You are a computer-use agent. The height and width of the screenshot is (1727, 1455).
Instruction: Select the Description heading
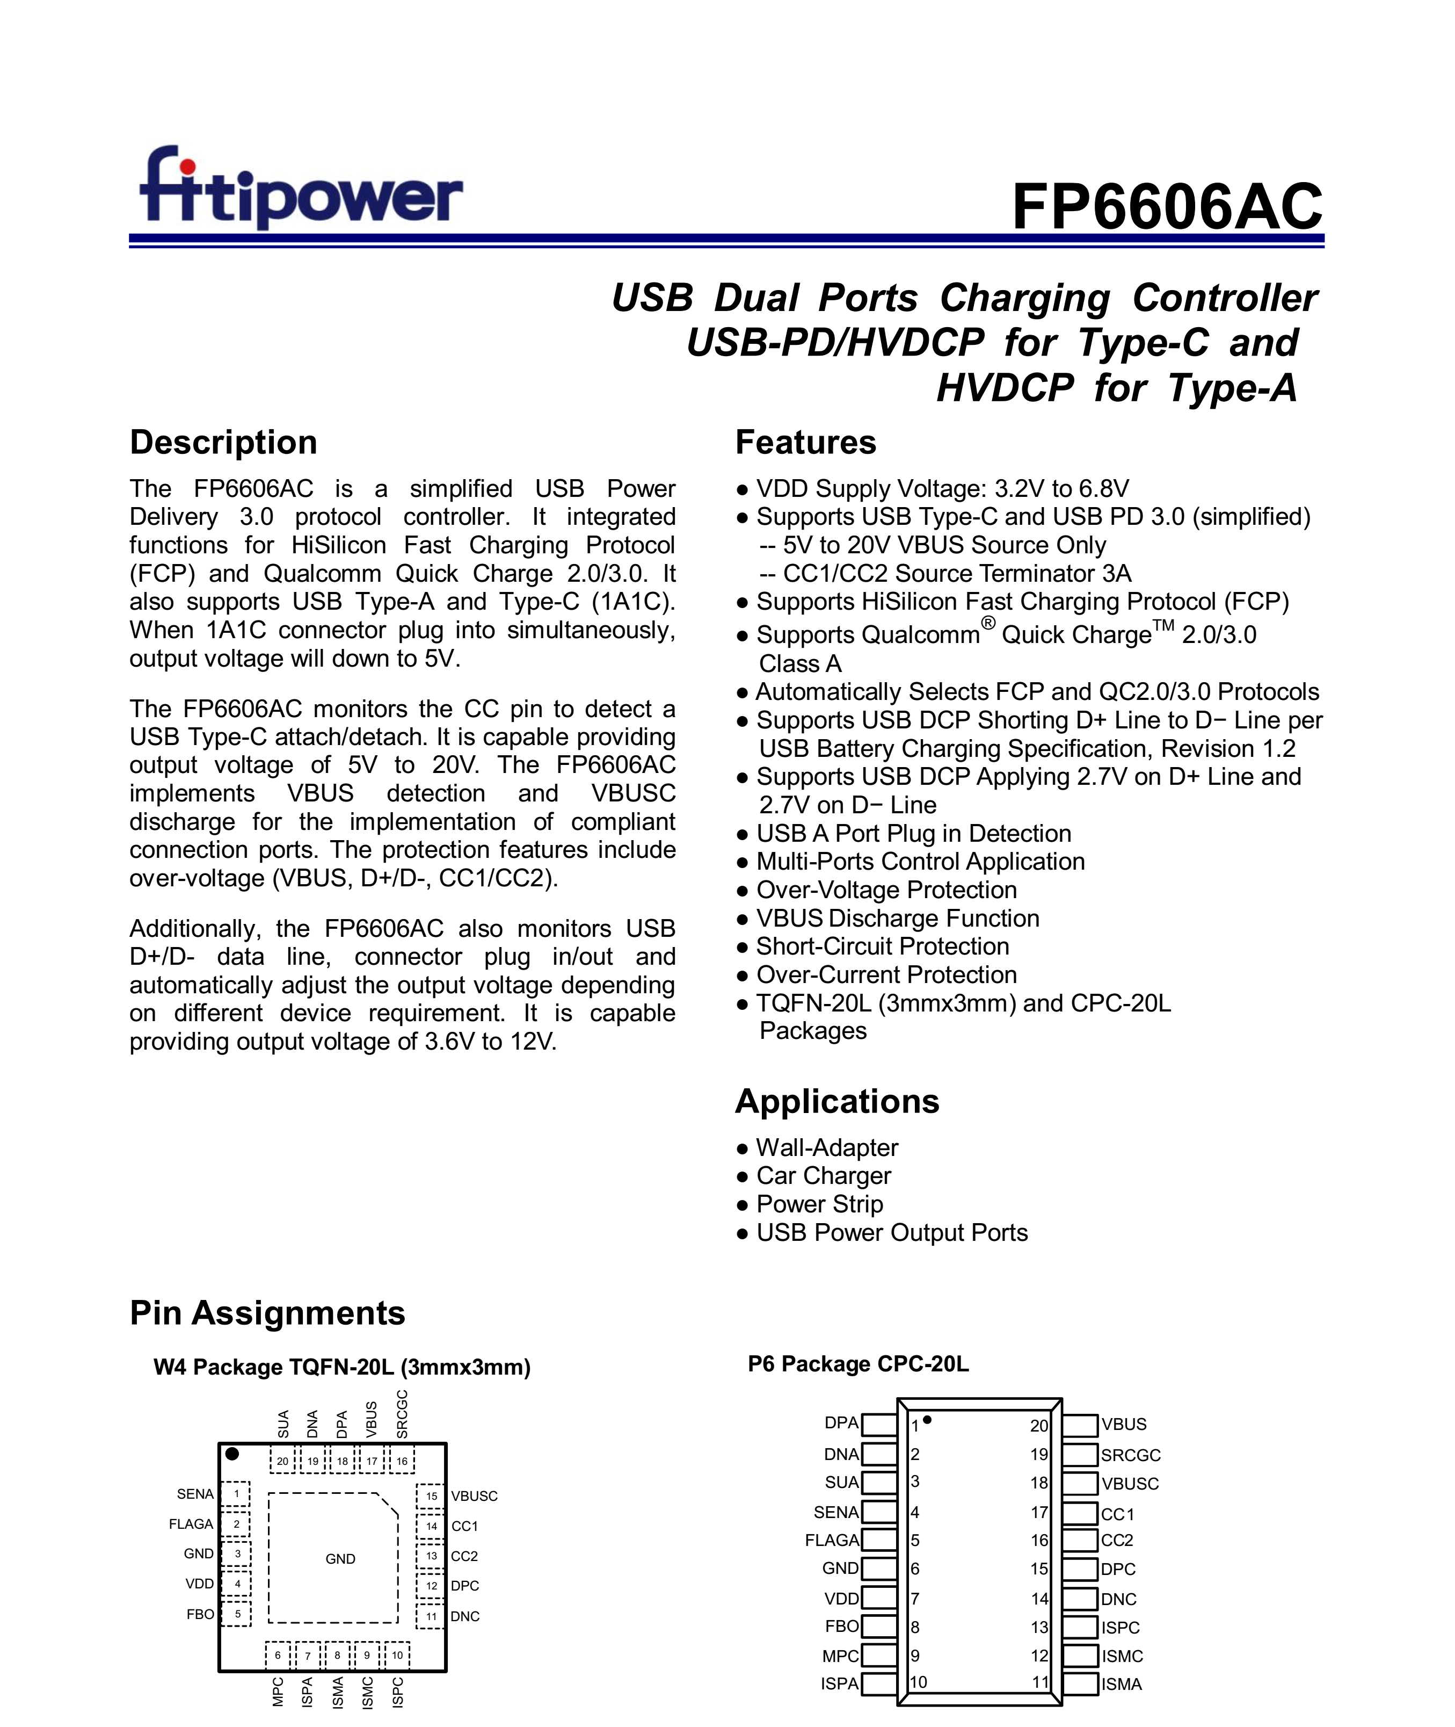[x=223, y=442]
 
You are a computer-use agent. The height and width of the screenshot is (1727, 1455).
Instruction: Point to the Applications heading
[x=836, y=1102]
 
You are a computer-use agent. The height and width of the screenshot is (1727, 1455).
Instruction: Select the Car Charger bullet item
[x=823, y=1176]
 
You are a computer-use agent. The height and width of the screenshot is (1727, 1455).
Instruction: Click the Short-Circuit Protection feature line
[x=882, y=946]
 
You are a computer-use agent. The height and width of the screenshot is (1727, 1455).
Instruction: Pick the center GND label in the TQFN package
[x=340, y=1559]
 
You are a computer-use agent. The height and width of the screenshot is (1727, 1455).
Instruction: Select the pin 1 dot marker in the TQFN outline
[x=232, y=1454]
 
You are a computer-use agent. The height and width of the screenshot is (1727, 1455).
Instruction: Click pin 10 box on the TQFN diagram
[x=397, y=1655]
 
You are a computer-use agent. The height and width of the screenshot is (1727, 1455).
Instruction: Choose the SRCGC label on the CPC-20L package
[x=1130, y=1456]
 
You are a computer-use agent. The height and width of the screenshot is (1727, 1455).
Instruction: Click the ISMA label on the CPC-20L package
[x=1121, y=1684]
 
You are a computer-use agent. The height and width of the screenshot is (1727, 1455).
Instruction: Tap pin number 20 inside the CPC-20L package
[x=1038, y=1426]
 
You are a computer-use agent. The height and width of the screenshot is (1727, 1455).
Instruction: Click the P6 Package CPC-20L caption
[x=858, y=1364]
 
